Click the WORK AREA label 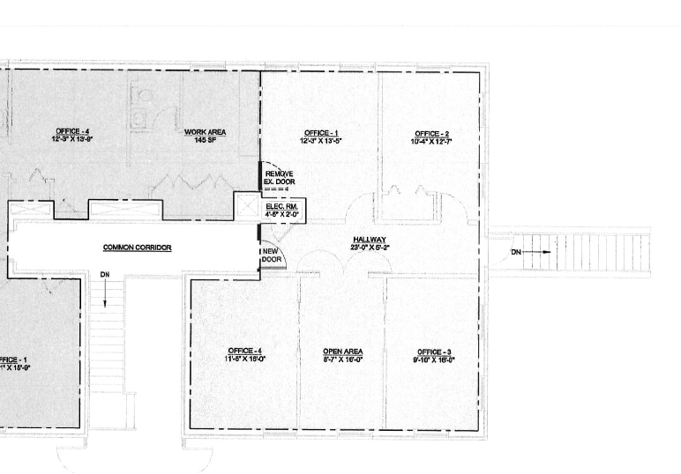(x=205, y=132)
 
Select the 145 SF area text (x=205, y=140)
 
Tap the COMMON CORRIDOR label (x=137, y=248)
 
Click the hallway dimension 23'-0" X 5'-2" (x=370, y=248)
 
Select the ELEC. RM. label (x=281, y=205)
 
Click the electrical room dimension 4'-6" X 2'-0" (x=281, y=213)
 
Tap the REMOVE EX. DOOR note (x=280, y=178)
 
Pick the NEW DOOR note (x=271, y=256)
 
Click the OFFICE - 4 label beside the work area (x=72, y=132)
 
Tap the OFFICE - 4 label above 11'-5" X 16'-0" (x=244, y=351)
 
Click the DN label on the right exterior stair (x=516, y=253)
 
